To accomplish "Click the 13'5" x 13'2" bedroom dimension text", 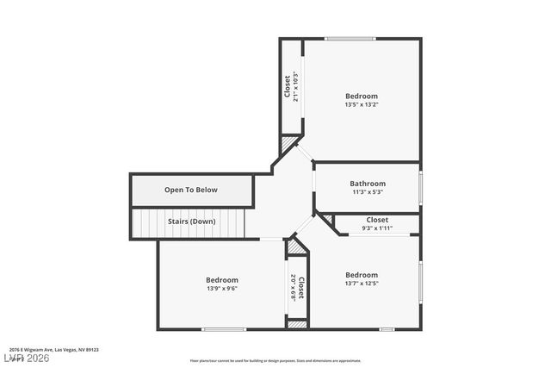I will [x=362, y=104].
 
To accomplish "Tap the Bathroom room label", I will [x=368, y=184].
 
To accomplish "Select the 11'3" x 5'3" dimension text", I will [x=368, y=192].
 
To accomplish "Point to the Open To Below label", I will [x=191, y=190].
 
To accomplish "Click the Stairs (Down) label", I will [x=191, y=221].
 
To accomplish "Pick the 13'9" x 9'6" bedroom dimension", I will [x=221, y=289].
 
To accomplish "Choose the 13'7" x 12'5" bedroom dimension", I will [x=362, y=283].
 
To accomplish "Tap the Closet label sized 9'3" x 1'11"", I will [x=377, y=220].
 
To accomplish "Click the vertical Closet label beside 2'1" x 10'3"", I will [x=288, y=86].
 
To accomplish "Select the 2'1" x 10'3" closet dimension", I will [x=295, y=86].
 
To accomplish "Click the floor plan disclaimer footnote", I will [x=275, y=360].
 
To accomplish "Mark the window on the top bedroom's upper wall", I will [x=350, y=38].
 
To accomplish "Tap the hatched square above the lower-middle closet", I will [x=296, y=247].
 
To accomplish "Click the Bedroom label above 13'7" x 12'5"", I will [x=362, y=274].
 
